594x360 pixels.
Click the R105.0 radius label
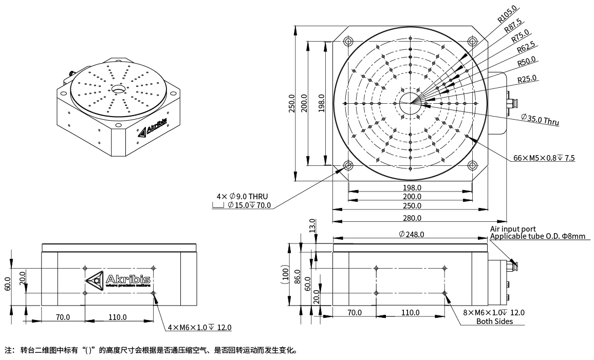(507, 14)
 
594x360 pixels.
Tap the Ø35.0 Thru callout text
(539, 120)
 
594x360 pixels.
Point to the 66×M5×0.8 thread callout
(544, 158)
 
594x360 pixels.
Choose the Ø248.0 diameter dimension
(411, 234)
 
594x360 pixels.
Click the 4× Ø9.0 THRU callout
(242, 197)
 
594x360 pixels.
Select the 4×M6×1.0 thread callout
(200, 328)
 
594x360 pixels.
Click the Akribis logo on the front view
(119, 280)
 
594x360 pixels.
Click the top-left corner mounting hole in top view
(348, 41)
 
